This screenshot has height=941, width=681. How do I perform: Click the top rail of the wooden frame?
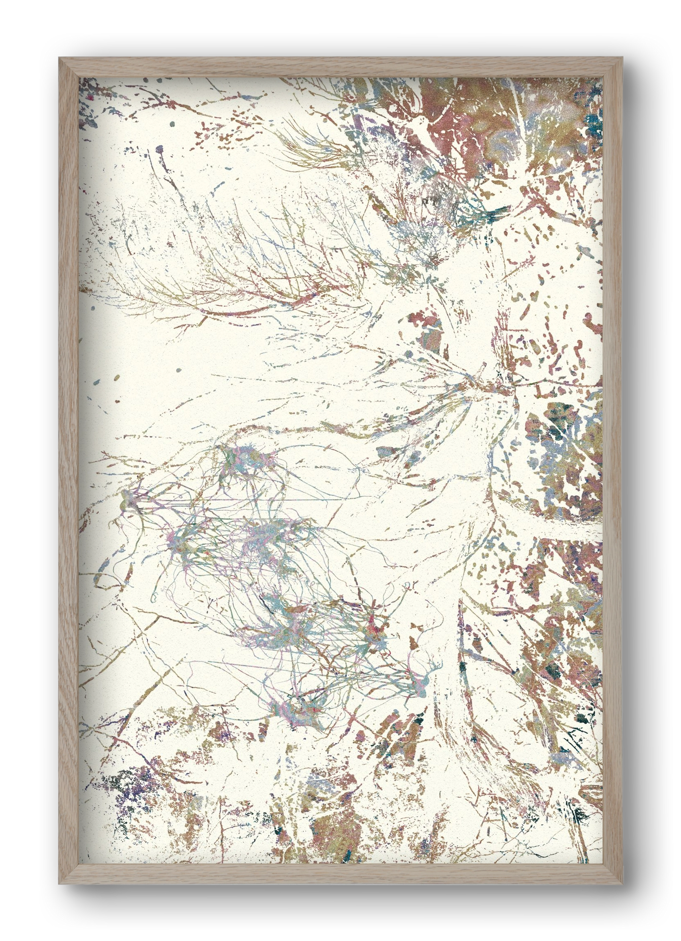340,67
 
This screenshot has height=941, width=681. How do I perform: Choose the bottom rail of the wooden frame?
340,874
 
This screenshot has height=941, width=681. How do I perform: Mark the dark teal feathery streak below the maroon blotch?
493,215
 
